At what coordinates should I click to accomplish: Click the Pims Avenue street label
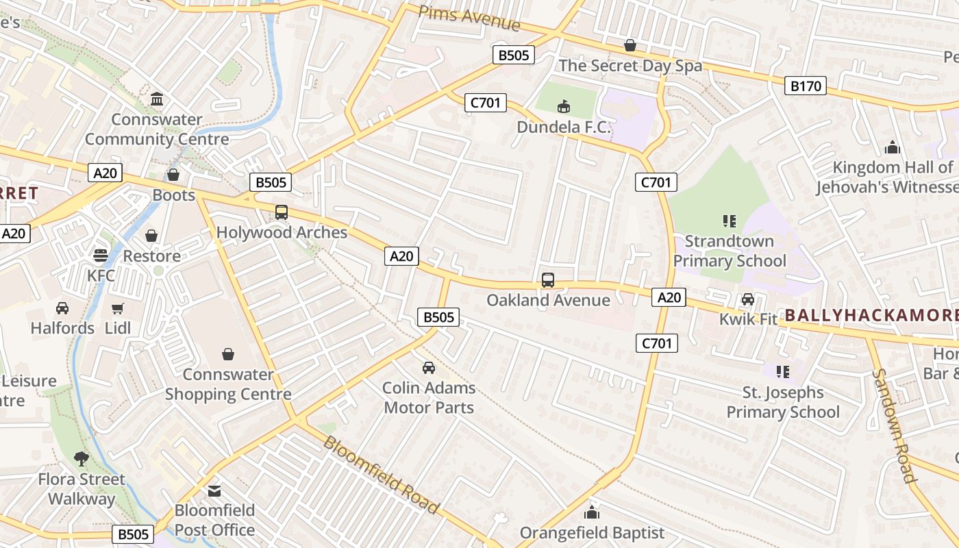(x=469, y=18)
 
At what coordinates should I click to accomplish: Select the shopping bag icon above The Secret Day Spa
(x=630, y=45)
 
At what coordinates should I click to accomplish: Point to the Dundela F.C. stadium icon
(x=563, y=106)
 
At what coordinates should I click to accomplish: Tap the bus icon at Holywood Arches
(x=282, y=212)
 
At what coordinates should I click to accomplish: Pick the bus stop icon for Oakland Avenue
(x=548, y=279)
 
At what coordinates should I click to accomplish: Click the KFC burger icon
(x=101, y=256)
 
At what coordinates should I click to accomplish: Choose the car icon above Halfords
(x=62, y=308)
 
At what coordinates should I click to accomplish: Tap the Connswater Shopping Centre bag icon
(x=228, y=354)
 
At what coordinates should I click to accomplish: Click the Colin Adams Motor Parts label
(x=429, y=397)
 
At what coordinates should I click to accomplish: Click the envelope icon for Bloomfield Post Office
(x=214, y=490)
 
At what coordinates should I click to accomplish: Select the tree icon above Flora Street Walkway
(x=82, y=458)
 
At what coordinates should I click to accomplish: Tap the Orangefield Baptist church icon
(x=592, y=512)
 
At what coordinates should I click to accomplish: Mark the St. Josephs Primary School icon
(x=782, y=372)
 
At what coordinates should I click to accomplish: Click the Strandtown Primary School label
(x=730, y=251)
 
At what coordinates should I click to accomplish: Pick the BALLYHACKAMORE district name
(x=871, y=316)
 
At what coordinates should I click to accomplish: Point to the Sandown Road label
(x=894, y=426)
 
